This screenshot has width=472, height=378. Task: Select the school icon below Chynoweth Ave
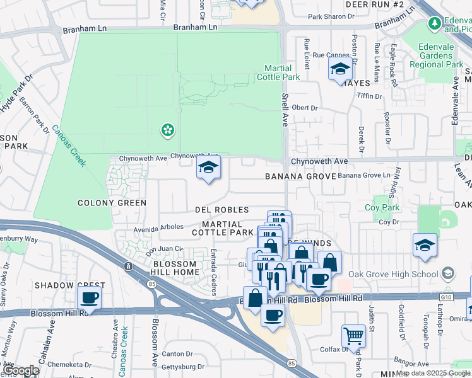click(208, 168)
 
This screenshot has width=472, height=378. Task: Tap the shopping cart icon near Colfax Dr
click(353, 335)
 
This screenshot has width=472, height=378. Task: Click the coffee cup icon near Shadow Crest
click(88, 297)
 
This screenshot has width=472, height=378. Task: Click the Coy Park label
click(382, 207)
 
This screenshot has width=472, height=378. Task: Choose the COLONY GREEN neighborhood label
click(112, 203)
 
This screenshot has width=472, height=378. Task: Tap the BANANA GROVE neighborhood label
click(299, 177)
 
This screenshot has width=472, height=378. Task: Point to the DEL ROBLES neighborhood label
click(221, 210)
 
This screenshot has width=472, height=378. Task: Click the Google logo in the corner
click(21, 370)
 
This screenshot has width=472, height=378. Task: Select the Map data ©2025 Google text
click(433, 373)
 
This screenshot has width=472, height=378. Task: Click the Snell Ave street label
click(284, 110)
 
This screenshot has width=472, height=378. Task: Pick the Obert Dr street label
click(305, 108)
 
